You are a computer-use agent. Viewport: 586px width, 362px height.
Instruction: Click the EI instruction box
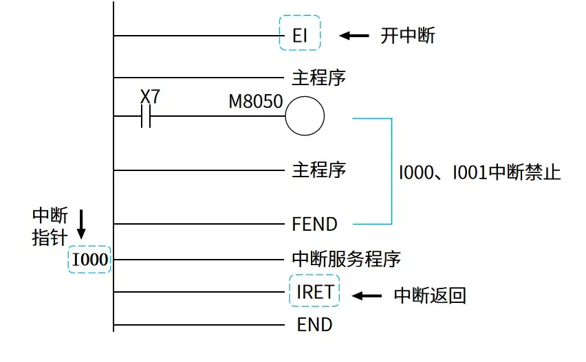tap(300, 34)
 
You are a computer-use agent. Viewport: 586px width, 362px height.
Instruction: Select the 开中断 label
tap(408, 36)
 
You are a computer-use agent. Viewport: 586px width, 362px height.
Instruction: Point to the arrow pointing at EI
tap(354, 35)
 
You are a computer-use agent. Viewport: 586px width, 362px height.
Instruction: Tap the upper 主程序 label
tap(318, 78)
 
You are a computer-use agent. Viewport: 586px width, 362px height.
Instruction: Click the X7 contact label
tap(150, 97)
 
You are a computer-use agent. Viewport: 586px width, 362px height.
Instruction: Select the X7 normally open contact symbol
tap(145, 119)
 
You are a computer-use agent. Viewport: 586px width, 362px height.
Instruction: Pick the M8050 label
tap(256, 102)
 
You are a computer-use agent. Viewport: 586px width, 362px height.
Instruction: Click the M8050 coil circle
tap(305, 117)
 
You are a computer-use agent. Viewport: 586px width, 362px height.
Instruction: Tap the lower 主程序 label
tap(318, 169)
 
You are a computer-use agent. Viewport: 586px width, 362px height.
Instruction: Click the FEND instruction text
tap(314, 224)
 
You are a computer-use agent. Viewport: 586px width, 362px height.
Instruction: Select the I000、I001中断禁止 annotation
tap(480, 172)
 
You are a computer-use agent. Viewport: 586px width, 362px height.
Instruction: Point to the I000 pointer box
tap(90, 260)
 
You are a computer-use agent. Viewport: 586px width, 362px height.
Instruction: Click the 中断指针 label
tap(50, 227)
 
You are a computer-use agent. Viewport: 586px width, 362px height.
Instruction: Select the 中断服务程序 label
tap(346, 259)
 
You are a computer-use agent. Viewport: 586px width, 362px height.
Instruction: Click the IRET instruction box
tap(315, 292)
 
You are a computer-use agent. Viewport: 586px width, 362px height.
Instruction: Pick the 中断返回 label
tap(430, 295)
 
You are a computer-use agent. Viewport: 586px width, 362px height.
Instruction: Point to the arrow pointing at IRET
tap(367, 295)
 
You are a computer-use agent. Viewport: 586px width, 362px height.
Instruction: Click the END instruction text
tap(314, 324)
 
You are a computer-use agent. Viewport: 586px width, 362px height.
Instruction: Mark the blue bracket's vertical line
tap(391, 172)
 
